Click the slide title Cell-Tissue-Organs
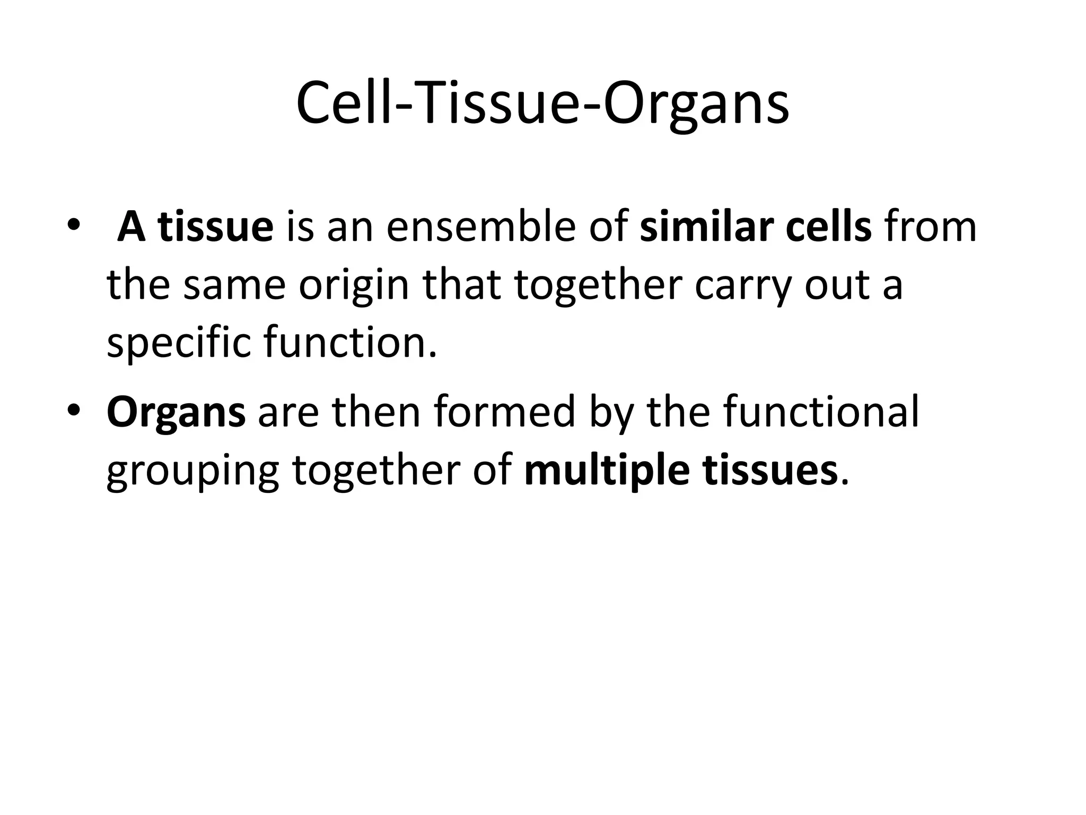pos(542,103)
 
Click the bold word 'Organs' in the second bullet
pos(176,413)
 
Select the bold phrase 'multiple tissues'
pos(681,470)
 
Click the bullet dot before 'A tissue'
pos(73,223)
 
